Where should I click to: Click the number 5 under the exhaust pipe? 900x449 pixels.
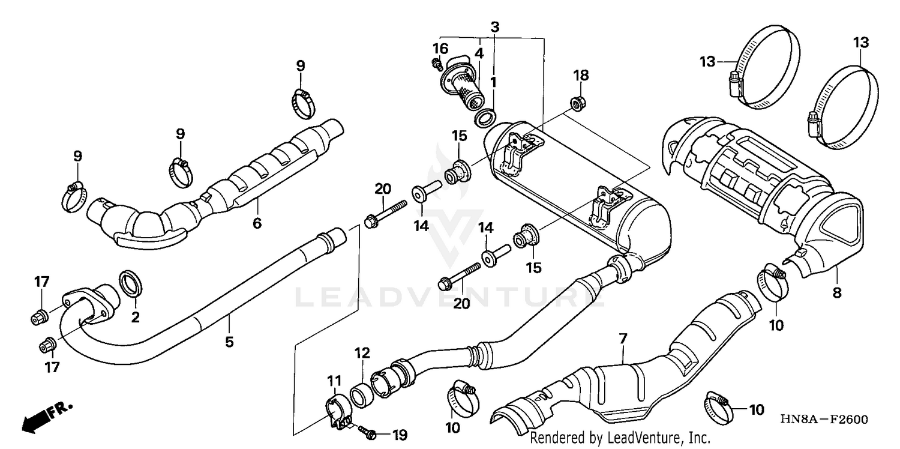coord(229,342)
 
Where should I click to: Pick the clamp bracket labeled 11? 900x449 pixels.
coord(338,412)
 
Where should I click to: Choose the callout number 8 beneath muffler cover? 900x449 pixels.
coord(837,293)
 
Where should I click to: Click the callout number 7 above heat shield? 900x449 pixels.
coord(623,339)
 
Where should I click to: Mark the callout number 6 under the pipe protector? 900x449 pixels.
coord(257,223)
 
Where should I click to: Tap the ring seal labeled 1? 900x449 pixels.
coord(486,118)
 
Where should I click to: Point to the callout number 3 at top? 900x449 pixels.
coord(494,27)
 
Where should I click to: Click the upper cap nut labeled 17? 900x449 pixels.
coord(39,316)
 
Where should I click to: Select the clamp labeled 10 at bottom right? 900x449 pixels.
coord(719,404)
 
